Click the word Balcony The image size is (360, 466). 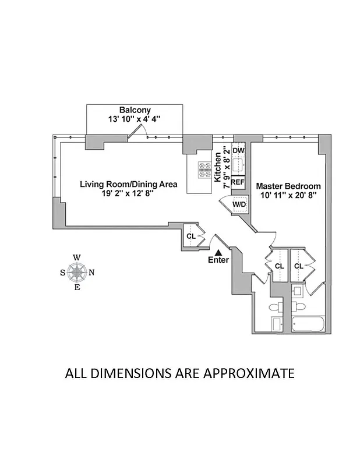tap(135, 110)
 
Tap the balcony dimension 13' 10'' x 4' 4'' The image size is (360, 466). tap(135, 119)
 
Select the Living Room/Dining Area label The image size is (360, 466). tap(128, 184)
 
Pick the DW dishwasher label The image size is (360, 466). tap(238, 150)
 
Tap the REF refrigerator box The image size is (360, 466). tap(238, 182)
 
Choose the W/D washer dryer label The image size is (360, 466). tap(239, 204)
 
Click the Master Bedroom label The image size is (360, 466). tap(288, 186)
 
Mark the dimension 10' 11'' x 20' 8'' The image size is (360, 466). tap(288, 196)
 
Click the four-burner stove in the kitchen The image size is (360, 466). tap(205, 169)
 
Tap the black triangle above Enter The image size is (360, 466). tap(218, 252)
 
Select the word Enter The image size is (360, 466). tap(218, 260)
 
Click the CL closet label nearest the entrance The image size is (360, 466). tap(190, 236)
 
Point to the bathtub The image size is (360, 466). tap(308, 323)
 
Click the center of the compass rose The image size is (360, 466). tap(77, 271)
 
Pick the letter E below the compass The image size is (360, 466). tap(77, 286)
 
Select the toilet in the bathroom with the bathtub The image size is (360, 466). tap(299, 304)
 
